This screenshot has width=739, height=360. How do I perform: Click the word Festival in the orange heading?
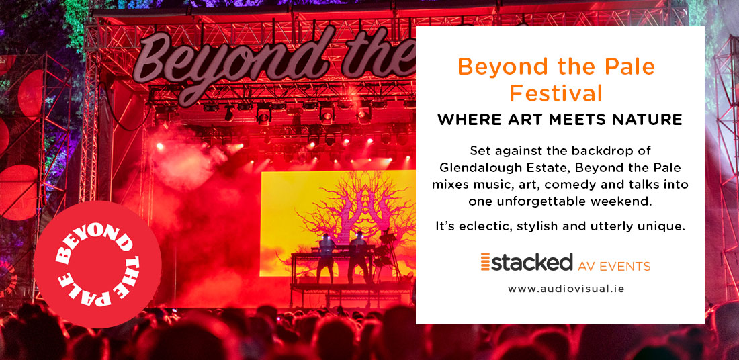click(x=556, y=93)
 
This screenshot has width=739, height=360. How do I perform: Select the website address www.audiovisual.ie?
click(x=566, y=289)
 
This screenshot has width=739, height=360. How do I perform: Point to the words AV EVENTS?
click(x=614, y=266)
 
